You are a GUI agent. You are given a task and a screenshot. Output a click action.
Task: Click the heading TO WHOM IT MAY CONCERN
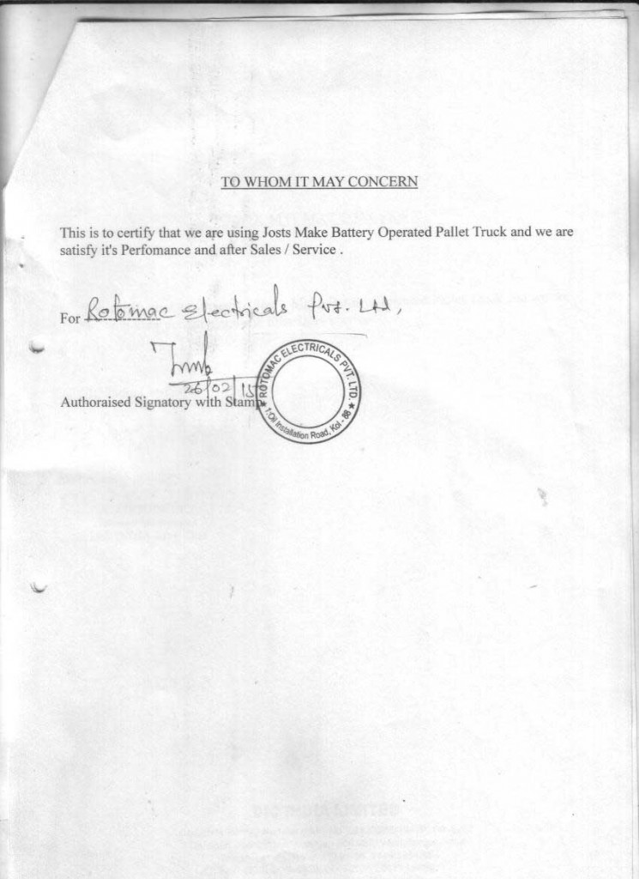(x=319, y=182)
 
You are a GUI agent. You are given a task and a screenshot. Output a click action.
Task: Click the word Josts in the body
(x=277, y=233)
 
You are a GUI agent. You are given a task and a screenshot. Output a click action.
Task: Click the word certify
(x=137, y=233)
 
